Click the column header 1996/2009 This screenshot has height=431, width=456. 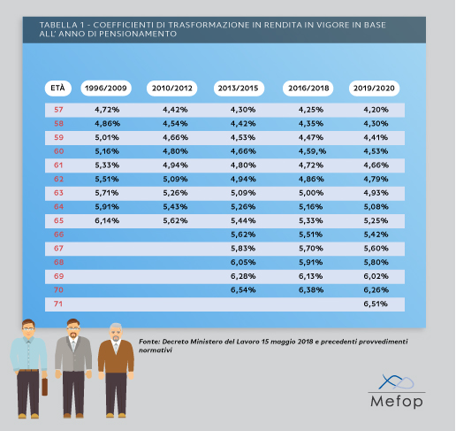pyautogui.click(x=104, y=89)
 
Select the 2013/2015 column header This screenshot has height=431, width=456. pyautogui.click(x=238, y=89)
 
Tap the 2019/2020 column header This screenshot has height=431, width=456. pyautogui.click(x=375, y=89)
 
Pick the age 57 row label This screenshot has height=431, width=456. pyautogui.click(x=58, y=110)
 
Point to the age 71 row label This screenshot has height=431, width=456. pyautogui.click(x=58, y=304)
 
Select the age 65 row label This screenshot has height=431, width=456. pyautogui.click(x=58, y=220)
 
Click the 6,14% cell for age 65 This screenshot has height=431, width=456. pyautogui.click(x=105, y=220)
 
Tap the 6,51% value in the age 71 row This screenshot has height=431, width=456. pyautogui.click(x=376, y=304)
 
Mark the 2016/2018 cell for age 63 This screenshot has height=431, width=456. pyautogui.click(x=305, y=193)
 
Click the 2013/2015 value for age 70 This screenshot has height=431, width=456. pyautogui.click(x=238, y=289)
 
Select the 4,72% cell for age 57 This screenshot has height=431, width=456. pyautogui.click(x=105, y=110)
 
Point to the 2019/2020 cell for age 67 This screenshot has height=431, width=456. pyautogui.click(x=376, y=248)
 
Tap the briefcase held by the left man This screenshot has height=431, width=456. pyautogui.click(x=44, y=386)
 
